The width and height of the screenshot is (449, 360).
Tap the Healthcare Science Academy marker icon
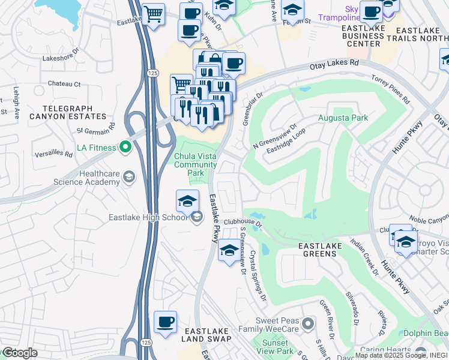click(129, 176)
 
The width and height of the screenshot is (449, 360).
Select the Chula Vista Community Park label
click(195, 164)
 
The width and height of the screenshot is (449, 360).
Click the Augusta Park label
click(343, 118)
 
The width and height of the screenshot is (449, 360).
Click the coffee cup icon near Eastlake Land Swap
click(165, 322)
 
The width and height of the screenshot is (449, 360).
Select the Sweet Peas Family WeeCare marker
click(308, 325)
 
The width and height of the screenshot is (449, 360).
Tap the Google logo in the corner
click(19, 353)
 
